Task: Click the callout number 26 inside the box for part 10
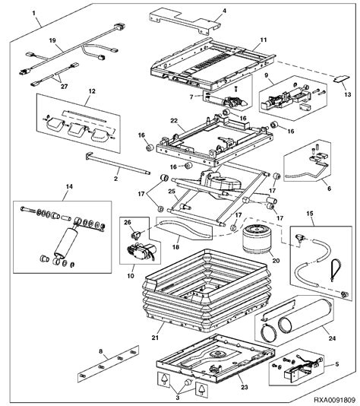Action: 128,223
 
